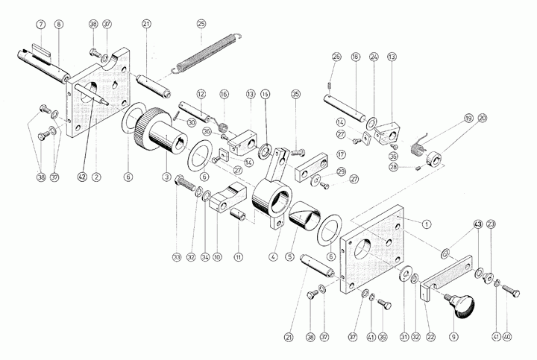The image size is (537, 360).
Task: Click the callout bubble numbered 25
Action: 201,24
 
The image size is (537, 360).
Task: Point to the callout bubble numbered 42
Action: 82,177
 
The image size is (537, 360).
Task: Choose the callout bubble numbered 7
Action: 41,24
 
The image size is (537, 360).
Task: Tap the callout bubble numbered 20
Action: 482,118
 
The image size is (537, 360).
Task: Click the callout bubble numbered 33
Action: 177,257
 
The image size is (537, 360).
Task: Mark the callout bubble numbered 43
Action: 477,224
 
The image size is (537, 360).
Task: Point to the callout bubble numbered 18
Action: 355,57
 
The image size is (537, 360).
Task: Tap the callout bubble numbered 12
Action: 201,94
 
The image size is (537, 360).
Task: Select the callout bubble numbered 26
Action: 336,57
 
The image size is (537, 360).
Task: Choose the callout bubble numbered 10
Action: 218,257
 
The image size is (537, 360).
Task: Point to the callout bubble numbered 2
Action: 96,177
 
